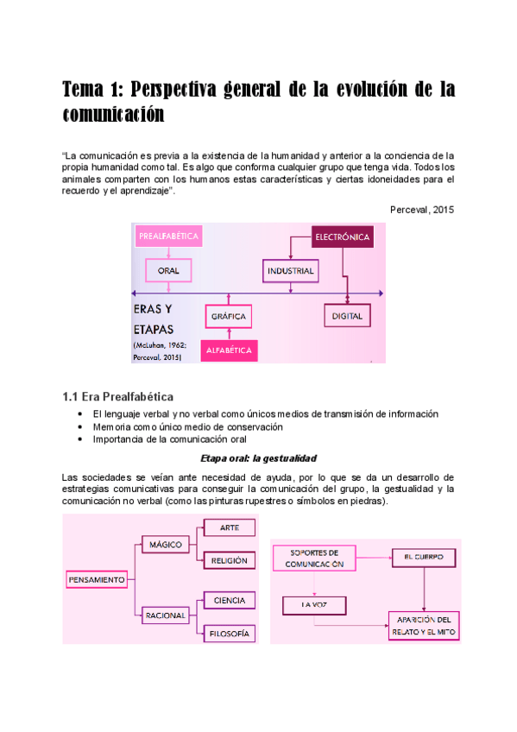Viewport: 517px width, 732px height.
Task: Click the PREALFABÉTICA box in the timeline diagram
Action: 169,236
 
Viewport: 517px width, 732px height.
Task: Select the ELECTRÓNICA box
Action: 343,237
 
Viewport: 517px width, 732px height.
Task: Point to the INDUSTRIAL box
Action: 290,271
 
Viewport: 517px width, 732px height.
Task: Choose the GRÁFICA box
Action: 230,317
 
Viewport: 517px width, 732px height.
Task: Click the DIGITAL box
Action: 347,317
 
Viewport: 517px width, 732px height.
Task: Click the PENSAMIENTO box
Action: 98,579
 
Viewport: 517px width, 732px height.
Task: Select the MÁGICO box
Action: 166,546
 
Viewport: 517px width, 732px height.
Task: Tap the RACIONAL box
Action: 166,615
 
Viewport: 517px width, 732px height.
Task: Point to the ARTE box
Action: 230,527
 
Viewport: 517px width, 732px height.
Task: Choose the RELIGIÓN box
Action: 230,560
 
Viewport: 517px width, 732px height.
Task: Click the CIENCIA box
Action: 230,600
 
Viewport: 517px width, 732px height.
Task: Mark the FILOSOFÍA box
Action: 230,634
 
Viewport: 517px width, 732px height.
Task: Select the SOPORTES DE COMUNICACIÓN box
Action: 314,558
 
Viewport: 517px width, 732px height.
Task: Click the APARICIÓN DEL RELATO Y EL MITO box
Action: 423,625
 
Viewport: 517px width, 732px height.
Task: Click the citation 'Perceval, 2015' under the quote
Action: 421,209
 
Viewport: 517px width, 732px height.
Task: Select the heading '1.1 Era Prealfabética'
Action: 118,397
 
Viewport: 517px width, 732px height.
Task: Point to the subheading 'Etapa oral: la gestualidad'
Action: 258,458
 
